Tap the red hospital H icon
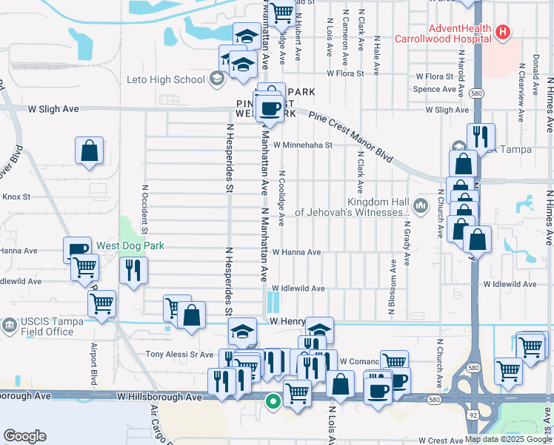503,32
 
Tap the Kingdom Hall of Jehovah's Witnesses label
352,207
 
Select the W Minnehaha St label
302,145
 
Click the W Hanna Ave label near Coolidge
296,252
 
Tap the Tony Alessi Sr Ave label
179,355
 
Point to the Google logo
24,436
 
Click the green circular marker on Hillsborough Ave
273,403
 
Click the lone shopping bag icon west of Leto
89,151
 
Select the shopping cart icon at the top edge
281,13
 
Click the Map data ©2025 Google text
507,439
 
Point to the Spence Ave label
435,90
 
